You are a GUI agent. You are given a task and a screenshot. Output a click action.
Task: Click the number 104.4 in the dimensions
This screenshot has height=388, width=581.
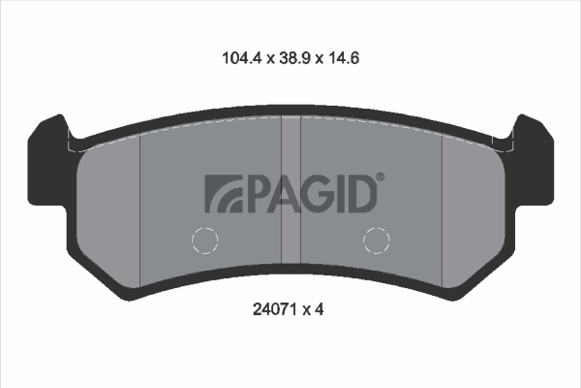(x=242, y=58)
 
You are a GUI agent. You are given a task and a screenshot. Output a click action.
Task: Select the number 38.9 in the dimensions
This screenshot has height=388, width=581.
(x=294, y=58)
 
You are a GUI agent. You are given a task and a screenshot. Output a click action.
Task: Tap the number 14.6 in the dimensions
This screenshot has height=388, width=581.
(x=343, y=58)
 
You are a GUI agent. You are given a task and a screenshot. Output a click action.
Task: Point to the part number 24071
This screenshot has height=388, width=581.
(x=274, y=308)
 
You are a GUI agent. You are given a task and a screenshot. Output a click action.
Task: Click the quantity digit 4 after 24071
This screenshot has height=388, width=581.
(x=319, y=308)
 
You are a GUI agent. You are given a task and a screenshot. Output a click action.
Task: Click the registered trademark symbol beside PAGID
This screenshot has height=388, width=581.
(x=381, y=177)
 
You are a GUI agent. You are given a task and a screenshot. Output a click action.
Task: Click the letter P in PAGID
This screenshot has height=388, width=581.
(x=256, y=194)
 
